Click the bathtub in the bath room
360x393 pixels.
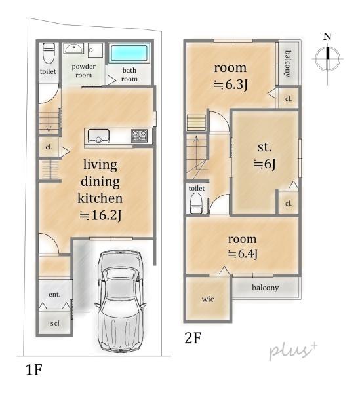coord(129,53)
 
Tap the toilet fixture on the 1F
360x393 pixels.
coord(49,53)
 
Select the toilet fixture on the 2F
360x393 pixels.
coord(196,202)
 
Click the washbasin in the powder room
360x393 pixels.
coord(73,48)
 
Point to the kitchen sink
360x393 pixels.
coord(98,136)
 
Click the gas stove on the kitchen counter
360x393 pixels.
coord(139,136)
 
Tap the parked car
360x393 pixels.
coord(120,301)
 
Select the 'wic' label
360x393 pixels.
coord(208,299)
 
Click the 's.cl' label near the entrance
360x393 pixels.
coord(54,323)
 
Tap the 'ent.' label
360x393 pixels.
coord(54,294)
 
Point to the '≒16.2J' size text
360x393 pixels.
coord(100,215)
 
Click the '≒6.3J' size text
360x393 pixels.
coord(231,84)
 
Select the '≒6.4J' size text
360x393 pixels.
coord(243,253)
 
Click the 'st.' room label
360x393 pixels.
coord(264,147)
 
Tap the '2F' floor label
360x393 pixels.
coord(193,337)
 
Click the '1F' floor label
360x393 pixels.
coord(34,369)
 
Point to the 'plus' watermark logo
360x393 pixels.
coord(293,351)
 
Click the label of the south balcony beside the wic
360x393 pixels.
coord(265,288)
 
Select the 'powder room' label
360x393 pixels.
coord(83,71)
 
